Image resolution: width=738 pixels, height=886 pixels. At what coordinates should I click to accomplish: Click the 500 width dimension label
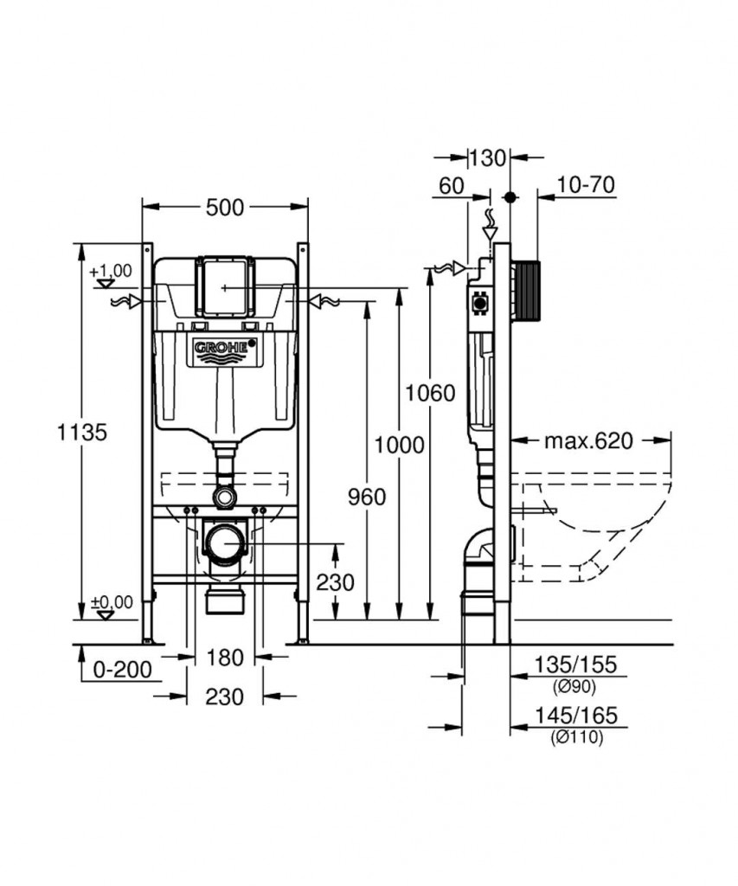[224, 208]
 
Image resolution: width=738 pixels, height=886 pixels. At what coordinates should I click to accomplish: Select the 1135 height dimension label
[82, 433]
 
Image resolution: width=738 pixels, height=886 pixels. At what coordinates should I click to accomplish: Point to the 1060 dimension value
[430, 393]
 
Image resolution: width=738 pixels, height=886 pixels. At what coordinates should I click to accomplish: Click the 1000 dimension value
[399, 446]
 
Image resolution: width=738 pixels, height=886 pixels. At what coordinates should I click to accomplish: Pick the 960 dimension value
[367, 498]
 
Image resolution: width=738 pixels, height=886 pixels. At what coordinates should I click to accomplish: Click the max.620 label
[588, 440]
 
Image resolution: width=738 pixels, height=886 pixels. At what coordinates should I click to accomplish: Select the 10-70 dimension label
[586, 185]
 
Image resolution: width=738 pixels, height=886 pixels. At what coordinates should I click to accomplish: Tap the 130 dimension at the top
[488, 158]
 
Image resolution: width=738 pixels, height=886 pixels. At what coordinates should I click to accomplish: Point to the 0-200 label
[122, 670]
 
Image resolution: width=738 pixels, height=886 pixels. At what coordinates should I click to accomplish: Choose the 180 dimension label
[224, 658]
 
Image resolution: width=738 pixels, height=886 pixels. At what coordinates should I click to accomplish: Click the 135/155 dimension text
[576, 664]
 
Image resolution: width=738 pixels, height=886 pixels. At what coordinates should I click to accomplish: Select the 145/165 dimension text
[576, 716]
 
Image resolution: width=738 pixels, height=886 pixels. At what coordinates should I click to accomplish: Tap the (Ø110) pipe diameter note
[577, 737]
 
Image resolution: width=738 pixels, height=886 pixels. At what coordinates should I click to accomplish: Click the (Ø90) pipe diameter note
[574, 686]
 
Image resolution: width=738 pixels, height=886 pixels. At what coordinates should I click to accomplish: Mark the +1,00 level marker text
[111, 271]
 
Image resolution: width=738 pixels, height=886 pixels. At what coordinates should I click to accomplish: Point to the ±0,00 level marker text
[112, 602]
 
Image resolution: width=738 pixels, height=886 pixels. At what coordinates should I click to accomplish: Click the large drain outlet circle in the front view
[225, 543]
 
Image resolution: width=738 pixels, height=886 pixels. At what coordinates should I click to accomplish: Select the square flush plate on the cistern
[224, 287]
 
